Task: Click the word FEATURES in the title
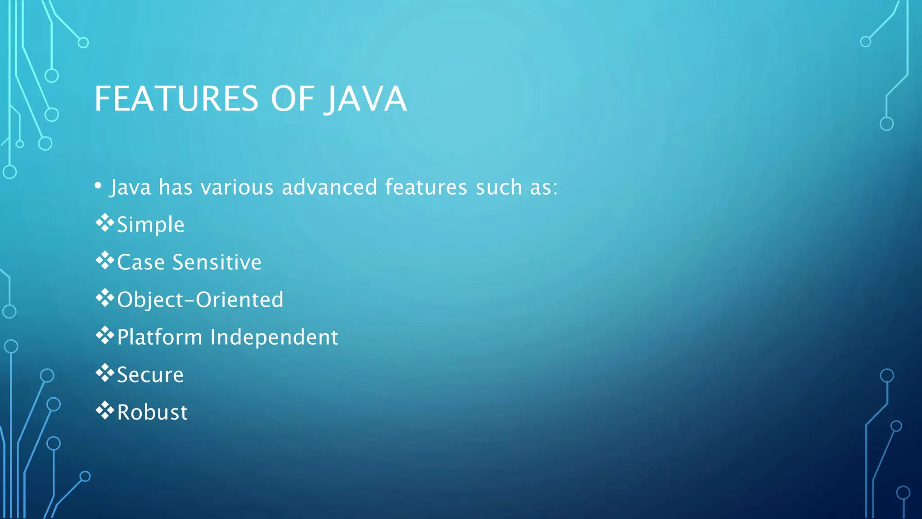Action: point(176,99)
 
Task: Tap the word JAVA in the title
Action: point(366,99)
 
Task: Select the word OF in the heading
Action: point(292,99)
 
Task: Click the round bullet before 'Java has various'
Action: point(98,186)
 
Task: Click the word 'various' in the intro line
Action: point(237,187)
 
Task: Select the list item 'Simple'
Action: point(150,225)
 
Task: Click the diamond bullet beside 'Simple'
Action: point(104,223)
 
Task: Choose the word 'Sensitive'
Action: point(217,262)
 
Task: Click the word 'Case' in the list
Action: point(140,262)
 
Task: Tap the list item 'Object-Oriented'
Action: point(200,300)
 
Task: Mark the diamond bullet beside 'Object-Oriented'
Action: point(104,298)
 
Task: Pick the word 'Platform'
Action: point(159,337)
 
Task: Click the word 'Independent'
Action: point(274,337)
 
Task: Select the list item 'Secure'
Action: point(150,375)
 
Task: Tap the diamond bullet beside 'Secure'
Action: point(104,373)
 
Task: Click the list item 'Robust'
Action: point(152,412)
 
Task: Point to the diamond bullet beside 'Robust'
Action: point(104,410)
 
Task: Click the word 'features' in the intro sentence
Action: point(426,187)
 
